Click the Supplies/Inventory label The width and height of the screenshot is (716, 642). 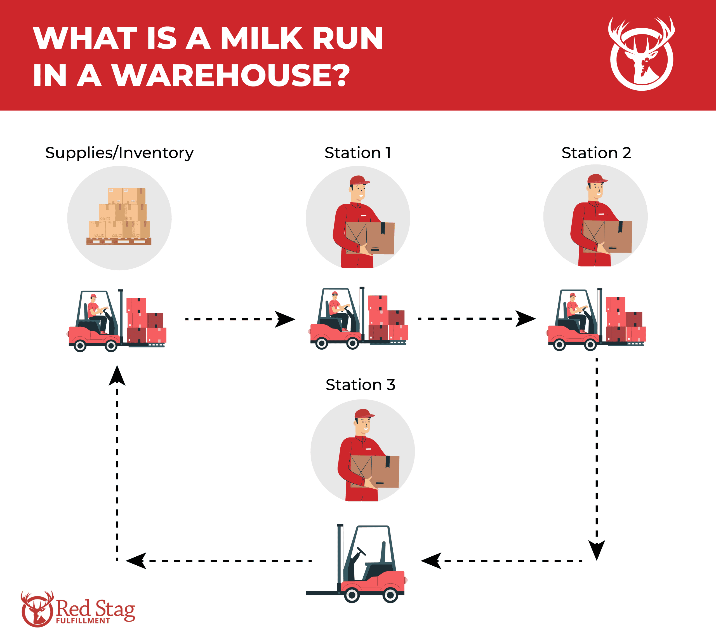click(x=119, y=153)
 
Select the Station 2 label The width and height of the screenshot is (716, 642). click(x=596, y=153)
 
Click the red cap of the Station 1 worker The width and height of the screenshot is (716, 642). click(x=359, y=180)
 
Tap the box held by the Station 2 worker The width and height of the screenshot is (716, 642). click(x=608, y=237)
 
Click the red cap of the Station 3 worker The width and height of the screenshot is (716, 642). click(x=364, y=414)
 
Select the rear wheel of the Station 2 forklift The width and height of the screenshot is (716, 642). click(x=559, y=345)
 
